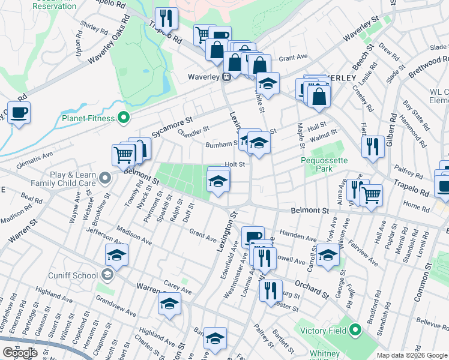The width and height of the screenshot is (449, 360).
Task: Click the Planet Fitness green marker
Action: tap(124, 118)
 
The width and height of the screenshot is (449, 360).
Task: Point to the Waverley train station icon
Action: tap(228, 77)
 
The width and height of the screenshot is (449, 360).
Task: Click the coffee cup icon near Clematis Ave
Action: tap(19, 113)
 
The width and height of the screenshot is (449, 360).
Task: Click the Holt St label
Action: tap(235, 164)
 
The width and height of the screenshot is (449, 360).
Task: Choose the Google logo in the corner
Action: tap(20, 353)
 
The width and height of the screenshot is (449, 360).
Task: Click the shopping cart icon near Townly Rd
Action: tap(123, 155)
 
